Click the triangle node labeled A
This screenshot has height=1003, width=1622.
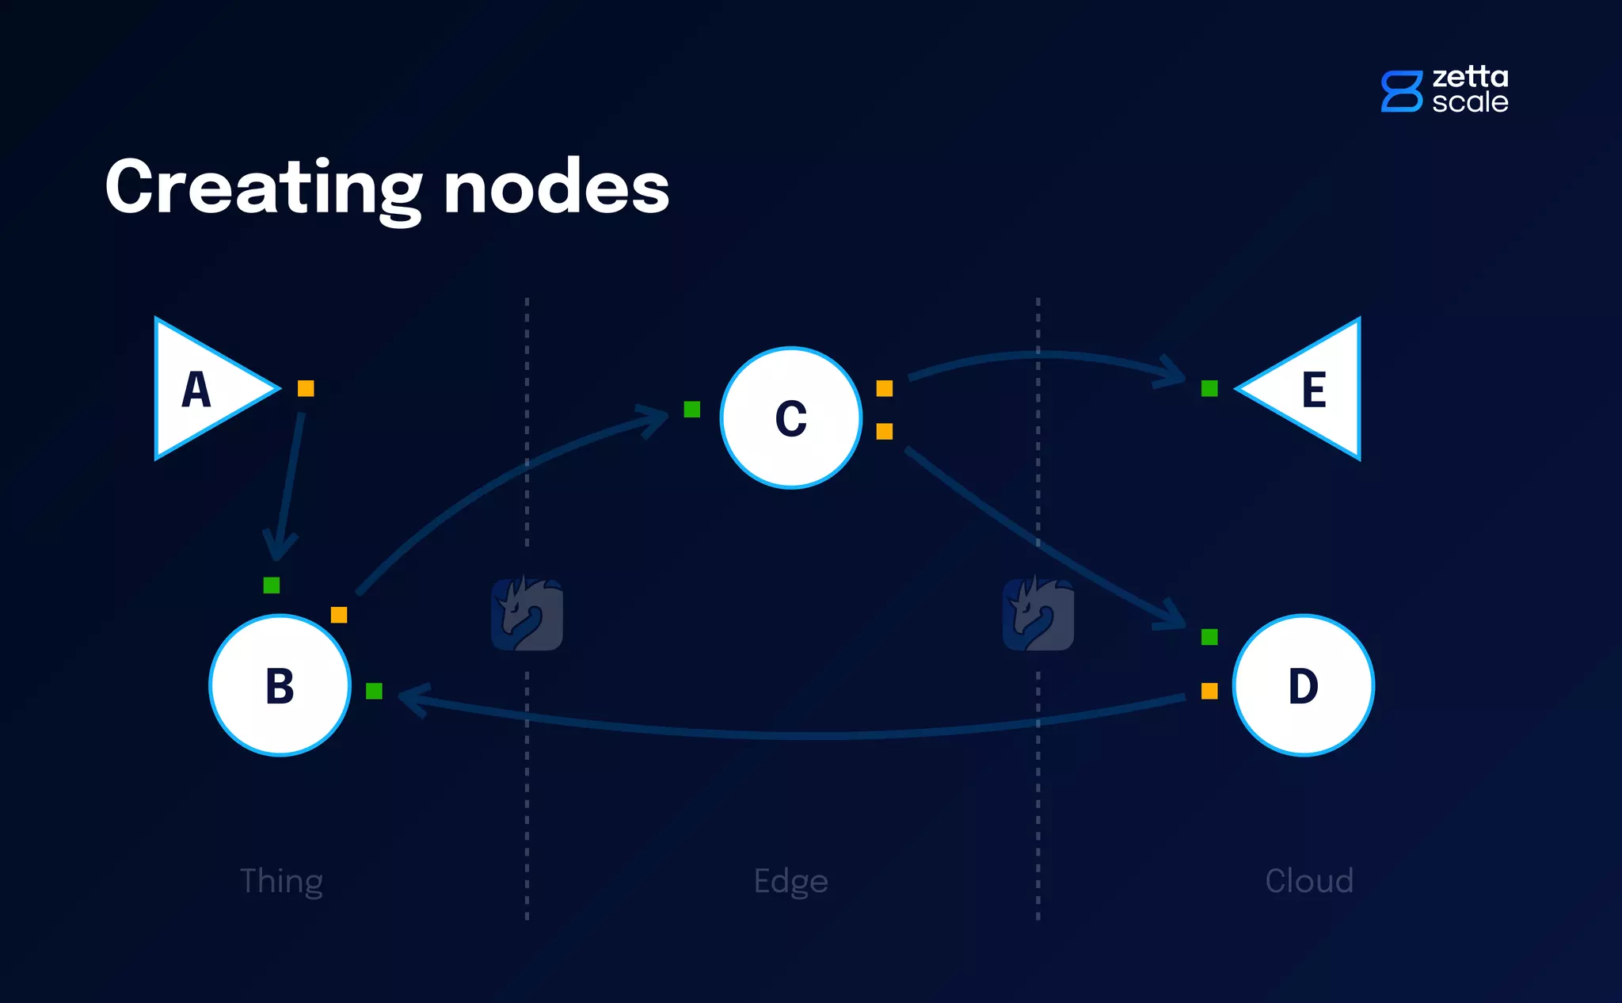(202, 388)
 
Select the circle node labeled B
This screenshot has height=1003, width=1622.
(280, 685)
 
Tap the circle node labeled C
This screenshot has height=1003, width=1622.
(791, 418)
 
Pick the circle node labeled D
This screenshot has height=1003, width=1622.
(1304, 685)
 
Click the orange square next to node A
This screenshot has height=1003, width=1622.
(306, 388)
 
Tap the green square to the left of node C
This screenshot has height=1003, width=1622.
(692, 409)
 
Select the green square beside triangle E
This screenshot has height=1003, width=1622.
(1209, 388)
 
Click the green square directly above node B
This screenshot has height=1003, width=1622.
(272, 585)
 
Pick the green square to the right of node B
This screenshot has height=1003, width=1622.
(375, 691)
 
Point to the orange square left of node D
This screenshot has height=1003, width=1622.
(1209, 691)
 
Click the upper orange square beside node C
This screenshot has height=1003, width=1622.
(885, 388)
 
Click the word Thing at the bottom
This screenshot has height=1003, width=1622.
(281, 881)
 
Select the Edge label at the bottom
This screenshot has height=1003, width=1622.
(790, 882)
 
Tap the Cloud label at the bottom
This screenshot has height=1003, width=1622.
(1309, 881)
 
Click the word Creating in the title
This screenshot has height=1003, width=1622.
(264, 188)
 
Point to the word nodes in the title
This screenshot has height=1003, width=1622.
(556, 188)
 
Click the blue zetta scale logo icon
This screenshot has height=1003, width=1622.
(1401, 91)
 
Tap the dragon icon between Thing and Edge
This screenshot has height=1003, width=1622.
(527, 614)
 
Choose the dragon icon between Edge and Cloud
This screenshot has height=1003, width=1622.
(1038, 614)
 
